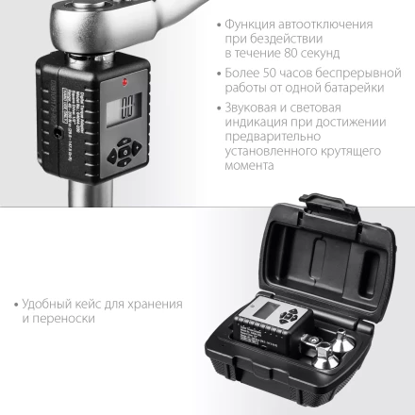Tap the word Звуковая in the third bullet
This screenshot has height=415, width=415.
[248, 107]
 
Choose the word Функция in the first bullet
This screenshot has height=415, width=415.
[250, 23]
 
